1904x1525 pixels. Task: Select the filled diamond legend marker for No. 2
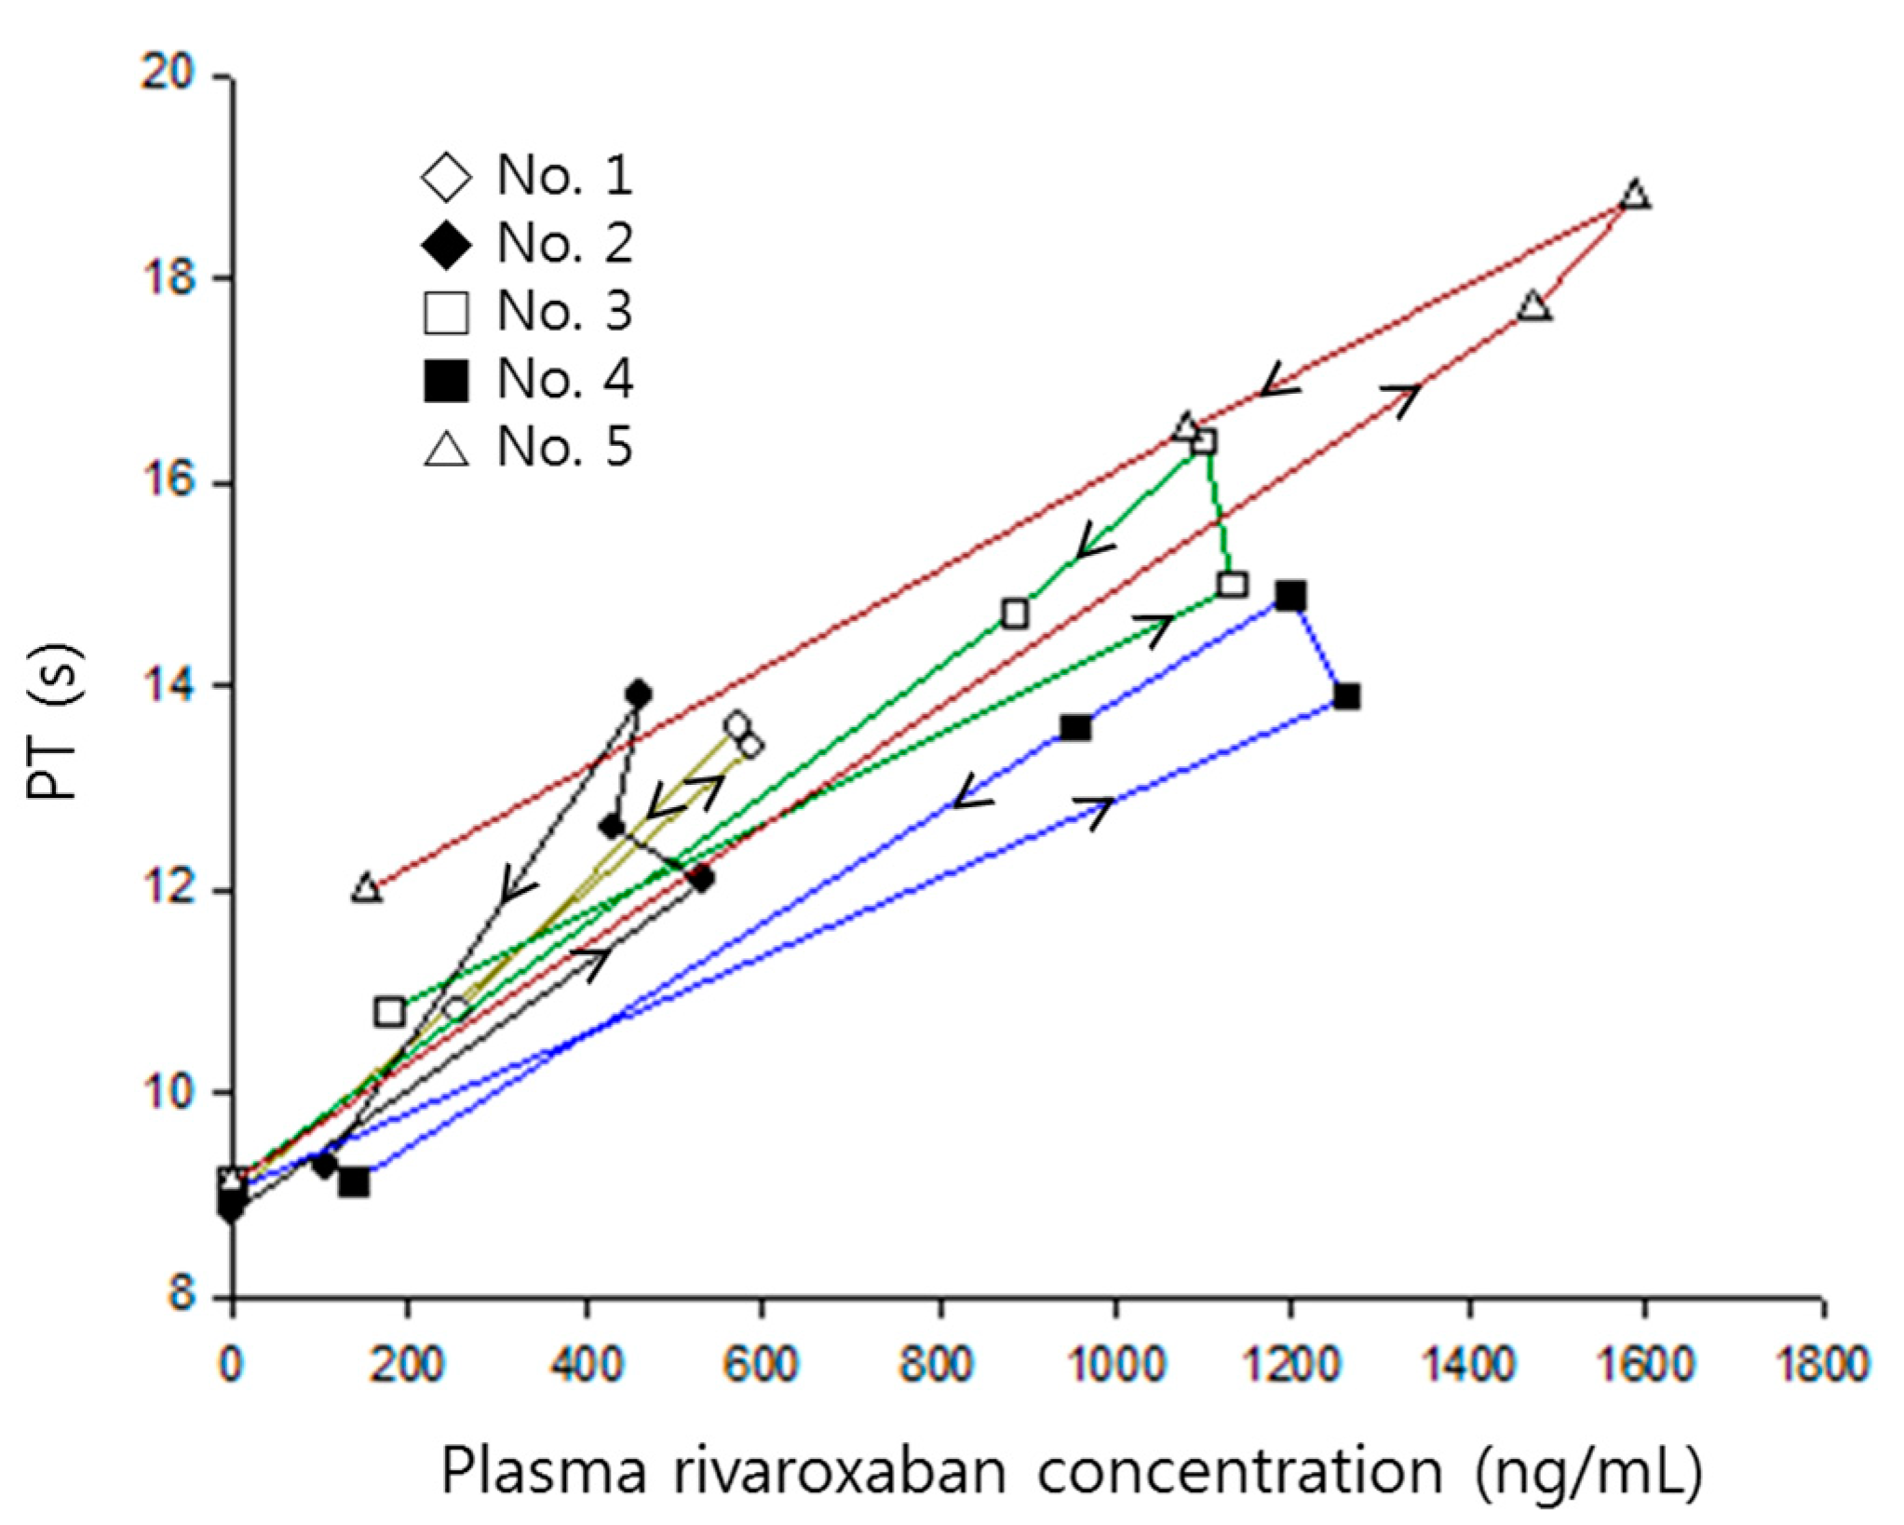coord(446,244)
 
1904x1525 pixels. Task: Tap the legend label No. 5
coord(564,447)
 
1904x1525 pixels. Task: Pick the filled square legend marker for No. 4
coord(446,380)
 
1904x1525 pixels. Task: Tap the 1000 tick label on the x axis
coord(1114,1366)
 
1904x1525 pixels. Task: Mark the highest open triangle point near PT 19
coord(1635,196)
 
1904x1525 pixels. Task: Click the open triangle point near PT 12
coord(367,888)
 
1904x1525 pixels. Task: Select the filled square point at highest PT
coord(1290,596)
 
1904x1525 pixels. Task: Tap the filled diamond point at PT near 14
coord(639,694)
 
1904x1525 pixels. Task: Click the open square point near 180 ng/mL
coord(390,1011)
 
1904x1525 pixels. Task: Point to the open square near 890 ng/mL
coord(1015,614)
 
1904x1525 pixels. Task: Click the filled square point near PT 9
coord(354,1182)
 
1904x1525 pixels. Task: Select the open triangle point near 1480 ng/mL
coord(1534,307)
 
